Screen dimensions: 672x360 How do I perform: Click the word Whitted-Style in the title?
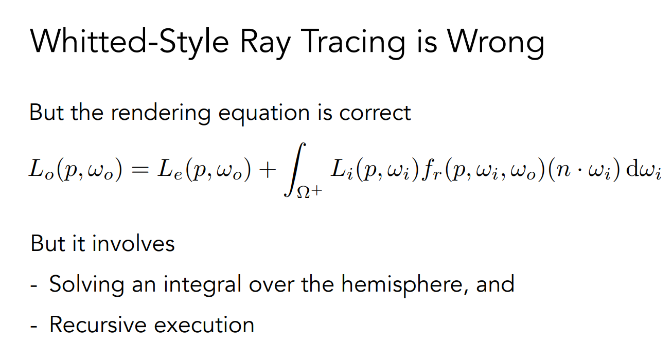coord(129,42)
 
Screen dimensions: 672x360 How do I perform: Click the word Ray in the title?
coord(265,43)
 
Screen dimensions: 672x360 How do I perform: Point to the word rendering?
coord(161,113)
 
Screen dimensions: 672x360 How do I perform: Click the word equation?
coord(264,114)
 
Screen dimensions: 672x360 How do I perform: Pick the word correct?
coord(375,113)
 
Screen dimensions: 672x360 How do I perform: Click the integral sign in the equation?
coord(295,170)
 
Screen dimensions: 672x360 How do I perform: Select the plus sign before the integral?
coord(268,170)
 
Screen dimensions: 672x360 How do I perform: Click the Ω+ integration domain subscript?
coord(310,192)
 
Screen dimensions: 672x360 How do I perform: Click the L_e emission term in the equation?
coord(170,170)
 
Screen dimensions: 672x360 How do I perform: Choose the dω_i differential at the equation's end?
coord(644,170)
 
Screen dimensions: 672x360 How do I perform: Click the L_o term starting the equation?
coord(41,170)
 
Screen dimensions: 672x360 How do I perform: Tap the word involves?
coord(133,243)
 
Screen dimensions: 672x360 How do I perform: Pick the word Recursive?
coord(98,325)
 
